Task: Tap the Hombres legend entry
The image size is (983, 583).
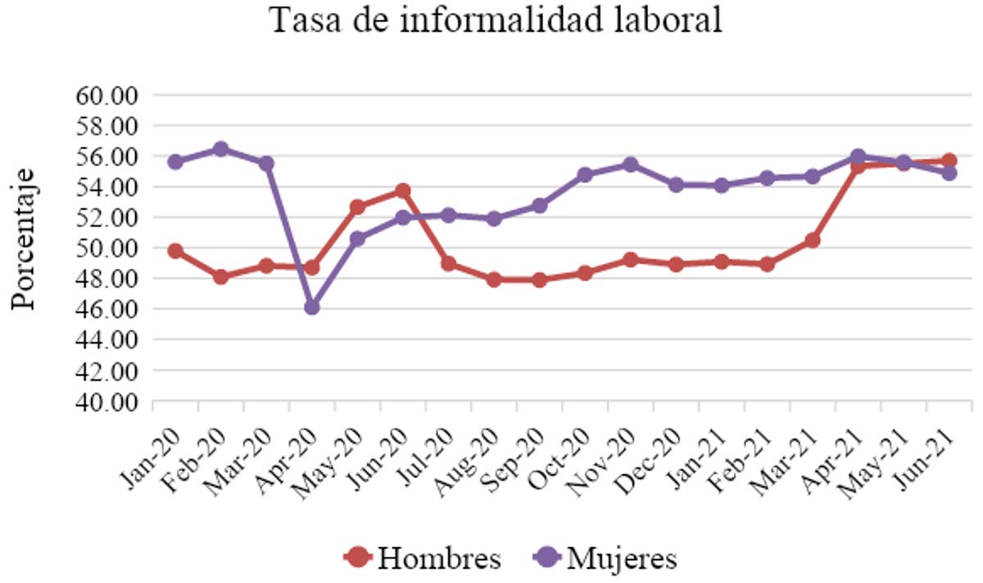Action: pyautogui.click(x=423, y=558)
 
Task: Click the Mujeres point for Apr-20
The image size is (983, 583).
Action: pyautogui.click(x=311, y=307)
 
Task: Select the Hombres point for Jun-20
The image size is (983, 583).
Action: pyautogui.click(x=402, y=190)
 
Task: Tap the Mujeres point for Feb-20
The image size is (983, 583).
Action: pyautogui.click(x=220, y=149)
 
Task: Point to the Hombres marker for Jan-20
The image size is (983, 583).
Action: pyautogui.click(x=174, y=251)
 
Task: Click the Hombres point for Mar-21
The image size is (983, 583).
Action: pyautogui.click(x=812, y=240)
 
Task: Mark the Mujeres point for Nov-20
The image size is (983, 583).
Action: pyautogui.click(x=630, y=165)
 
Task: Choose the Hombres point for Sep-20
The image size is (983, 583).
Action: pyautogui.click(x=539, y=280)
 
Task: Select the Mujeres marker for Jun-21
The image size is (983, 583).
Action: pyautogui.click(x=949, y=173)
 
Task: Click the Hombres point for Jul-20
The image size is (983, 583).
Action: pyautogui.click(x=448, y=264)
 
